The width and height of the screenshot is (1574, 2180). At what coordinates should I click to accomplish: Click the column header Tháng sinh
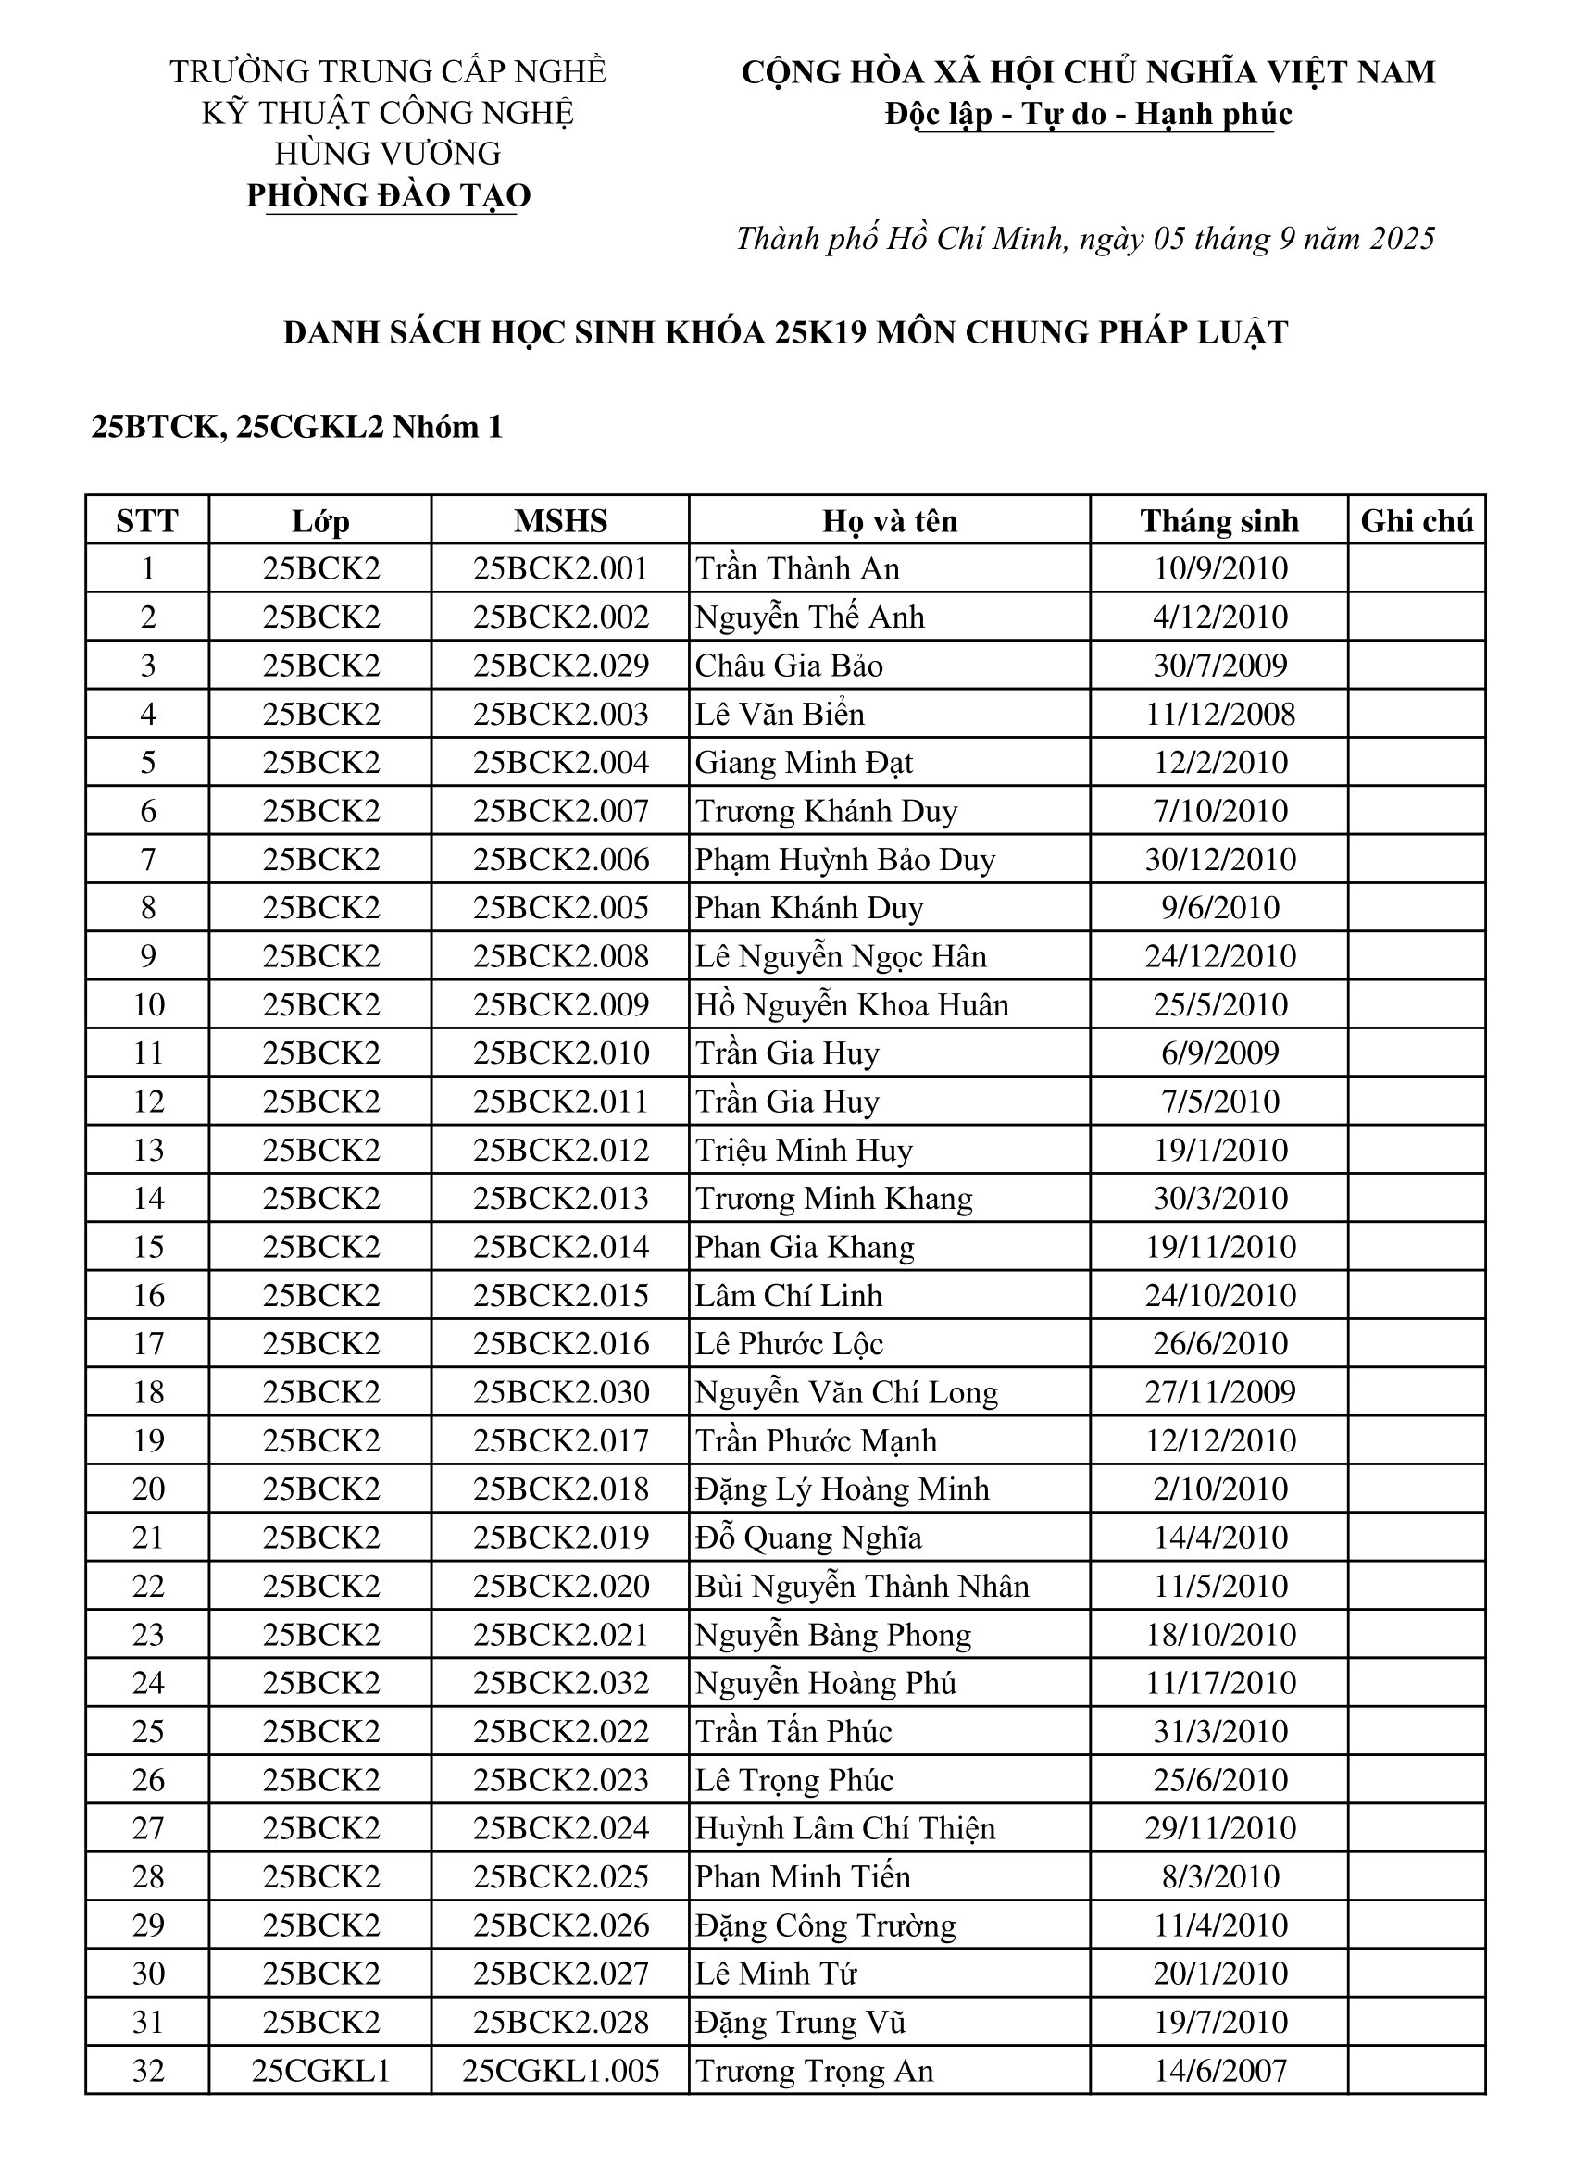pos(1218,521)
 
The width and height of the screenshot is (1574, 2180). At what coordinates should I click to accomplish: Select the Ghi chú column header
pos(1416,521)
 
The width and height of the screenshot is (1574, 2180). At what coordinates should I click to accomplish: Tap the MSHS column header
pos(560,521)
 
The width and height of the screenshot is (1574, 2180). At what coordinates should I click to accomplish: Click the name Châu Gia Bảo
pos(789,666)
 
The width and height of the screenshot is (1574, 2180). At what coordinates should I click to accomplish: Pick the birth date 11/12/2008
pos(1219,715)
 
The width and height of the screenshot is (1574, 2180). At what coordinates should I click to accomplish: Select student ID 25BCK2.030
pos(560,1393)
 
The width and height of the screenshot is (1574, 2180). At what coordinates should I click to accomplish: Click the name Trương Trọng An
pos(814,2071)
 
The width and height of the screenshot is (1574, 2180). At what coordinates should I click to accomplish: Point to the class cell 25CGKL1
pos(320,2071)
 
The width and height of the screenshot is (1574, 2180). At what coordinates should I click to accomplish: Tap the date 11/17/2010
pos(1219,1683)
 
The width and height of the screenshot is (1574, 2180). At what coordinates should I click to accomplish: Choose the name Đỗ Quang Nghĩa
pos(807,1538)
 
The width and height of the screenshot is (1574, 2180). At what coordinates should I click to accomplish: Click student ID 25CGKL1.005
pos(560,2071)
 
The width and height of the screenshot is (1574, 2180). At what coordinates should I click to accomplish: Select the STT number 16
pos(147,1296)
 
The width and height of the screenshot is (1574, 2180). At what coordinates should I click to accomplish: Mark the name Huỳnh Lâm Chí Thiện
pos(844,1828)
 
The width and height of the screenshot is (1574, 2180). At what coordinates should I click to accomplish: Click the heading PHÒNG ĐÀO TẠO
pos(389,195)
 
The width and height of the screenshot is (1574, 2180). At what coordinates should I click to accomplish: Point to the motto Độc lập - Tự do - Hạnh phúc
pos(1088,114)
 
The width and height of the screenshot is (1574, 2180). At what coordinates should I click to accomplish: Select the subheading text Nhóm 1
pos(447,427)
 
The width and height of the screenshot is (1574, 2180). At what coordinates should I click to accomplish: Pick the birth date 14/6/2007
pos(1219,2071)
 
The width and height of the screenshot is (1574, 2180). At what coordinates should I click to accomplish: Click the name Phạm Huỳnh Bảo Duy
pos(844,859)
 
